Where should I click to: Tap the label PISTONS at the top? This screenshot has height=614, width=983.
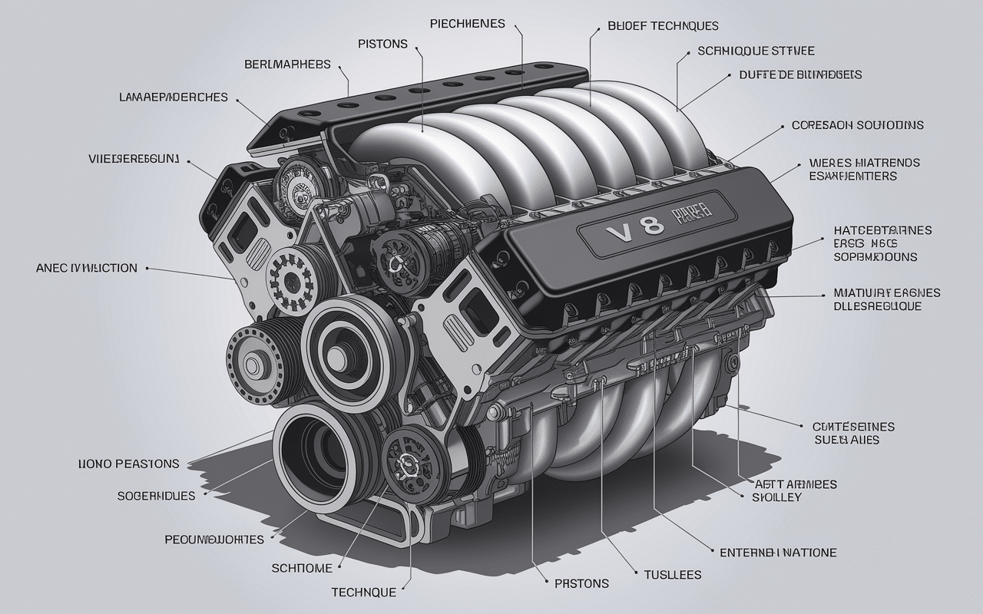tap(382, 44)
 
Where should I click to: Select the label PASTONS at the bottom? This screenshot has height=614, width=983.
tap(581, 583)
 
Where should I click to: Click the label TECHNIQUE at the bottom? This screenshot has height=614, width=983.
tap(363, 592)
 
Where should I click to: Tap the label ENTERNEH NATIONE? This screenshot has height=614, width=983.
tap(777, 552)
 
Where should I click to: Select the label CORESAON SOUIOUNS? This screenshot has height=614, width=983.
tap(857, 124)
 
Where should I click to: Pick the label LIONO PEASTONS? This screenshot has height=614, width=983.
tap(128, 464)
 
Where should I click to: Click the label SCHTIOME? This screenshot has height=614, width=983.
tap(302, 568)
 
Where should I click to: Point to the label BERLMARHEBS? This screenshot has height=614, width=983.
tap(287, 64)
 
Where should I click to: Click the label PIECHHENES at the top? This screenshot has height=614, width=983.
tap(468, 24)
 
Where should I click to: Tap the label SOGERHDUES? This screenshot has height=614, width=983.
tap(156, 496)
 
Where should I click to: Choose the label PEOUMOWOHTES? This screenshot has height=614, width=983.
tap(214, 540)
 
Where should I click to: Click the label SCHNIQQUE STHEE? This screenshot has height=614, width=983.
tap(756, 51)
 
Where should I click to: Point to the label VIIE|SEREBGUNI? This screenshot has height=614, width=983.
tap(134, 159)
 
